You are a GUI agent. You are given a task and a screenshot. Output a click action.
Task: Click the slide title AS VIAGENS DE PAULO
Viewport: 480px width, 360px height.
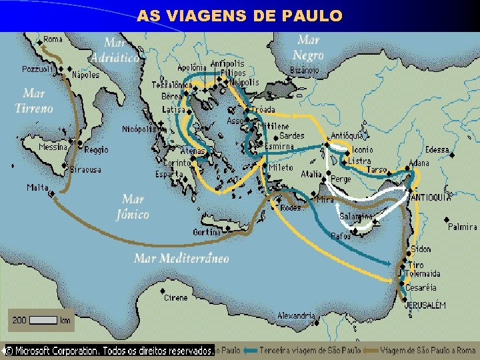[x=240, y=15]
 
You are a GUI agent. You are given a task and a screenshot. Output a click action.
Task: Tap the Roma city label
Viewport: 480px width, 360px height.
[x=53, y=40]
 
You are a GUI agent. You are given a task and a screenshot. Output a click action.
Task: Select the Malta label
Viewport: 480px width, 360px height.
[x=37, y=187]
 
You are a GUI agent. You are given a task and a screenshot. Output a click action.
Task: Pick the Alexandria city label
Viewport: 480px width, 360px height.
[x=296, y=315]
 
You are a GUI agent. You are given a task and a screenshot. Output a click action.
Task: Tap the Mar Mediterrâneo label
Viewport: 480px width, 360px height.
[x=181, y=258]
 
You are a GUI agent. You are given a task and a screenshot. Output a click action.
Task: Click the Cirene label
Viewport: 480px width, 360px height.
[x=176, y=297]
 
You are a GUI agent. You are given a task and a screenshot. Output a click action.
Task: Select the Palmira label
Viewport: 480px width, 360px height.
[x=462, y=227]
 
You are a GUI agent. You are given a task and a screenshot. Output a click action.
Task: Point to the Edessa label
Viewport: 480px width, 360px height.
[x=437, y=150]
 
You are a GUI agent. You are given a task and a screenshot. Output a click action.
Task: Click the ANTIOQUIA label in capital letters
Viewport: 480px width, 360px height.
[x=431, y=197]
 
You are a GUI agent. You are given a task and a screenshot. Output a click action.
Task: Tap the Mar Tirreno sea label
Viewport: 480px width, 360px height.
[x=33, y=101]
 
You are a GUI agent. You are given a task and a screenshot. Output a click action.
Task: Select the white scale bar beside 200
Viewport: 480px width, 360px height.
[x=44, y=320]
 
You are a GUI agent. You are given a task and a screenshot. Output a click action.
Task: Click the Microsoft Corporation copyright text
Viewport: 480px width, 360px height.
[x=110, y=350]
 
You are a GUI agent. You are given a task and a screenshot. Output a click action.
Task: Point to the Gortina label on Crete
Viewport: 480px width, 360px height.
[x=207, y=232]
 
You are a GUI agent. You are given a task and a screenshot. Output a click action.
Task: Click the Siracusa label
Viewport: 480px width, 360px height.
[x=86, y=170]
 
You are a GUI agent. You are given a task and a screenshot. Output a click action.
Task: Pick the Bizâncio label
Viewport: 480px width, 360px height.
[x=305, y=70]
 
